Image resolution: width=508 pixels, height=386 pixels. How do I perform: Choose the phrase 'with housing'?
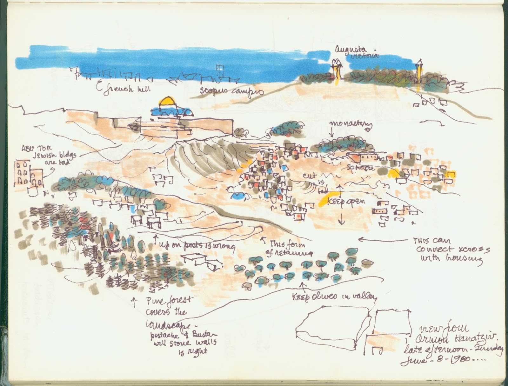point(451,259)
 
